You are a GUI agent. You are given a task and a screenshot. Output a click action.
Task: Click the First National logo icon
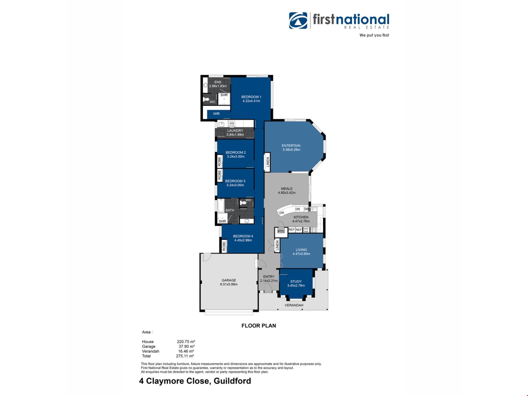click(x=298, y=21)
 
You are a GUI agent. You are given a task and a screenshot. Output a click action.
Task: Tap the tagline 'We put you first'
click(x=374, y=35)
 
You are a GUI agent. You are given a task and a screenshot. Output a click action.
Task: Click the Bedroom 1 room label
click(x=251, y=97)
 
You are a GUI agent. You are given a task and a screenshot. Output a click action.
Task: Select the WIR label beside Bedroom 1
click(x=216, y=114)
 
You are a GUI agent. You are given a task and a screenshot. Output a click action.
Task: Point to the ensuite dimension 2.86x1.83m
click(x=218, y=86)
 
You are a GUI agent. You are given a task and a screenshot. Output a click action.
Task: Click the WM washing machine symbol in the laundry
click(x=232, y=124)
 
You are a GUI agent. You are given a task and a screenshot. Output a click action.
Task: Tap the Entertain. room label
click(x=291, y=146)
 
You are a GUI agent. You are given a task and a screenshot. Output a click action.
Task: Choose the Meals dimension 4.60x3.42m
click(x=287, y=193)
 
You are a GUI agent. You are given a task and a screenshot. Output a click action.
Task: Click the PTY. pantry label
click(x=281, y=232)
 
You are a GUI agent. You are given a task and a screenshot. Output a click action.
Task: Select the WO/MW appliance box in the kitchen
click(x=306, y=230)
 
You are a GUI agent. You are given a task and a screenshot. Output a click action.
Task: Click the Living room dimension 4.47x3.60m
click(x=301, y=254)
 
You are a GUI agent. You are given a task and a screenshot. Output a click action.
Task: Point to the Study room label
click(x=296, y=282)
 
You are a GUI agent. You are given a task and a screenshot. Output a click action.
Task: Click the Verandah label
click(x=294, y=305)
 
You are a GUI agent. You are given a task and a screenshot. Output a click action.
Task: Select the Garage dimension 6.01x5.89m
click(x=229, y=284)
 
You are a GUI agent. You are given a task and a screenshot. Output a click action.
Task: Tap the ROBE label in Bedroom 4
click(x=224, y=246)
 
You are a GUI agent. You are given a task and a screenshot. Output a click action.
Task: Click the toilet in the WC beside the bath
click(x=243, y=203)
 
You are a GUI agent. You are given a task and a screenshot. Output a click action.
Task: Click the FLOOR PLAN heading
click(x=258, y=326)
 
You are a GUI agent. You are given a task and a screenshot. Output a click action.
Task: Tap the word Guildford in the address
click(x=232, y=381)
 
